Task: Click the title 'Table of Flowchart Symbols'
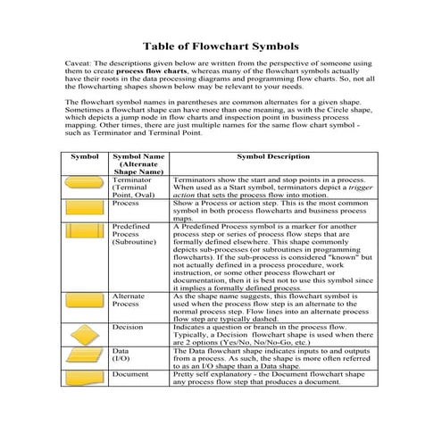pos(221,46)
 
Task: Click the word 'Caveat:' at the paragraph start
pos(79,65)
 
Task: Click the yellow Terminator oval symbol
pos(85,187)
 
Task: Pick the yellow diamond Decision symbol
pos(85,334)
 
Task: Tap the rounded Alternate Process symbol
pos(85,303)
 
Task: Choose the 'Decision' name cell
pos(128,327)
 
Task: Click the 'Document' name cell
pos(130,375)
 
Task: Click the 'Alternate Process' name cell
pos(129,300)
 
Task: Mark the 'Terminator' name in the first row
pos(132,179)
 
